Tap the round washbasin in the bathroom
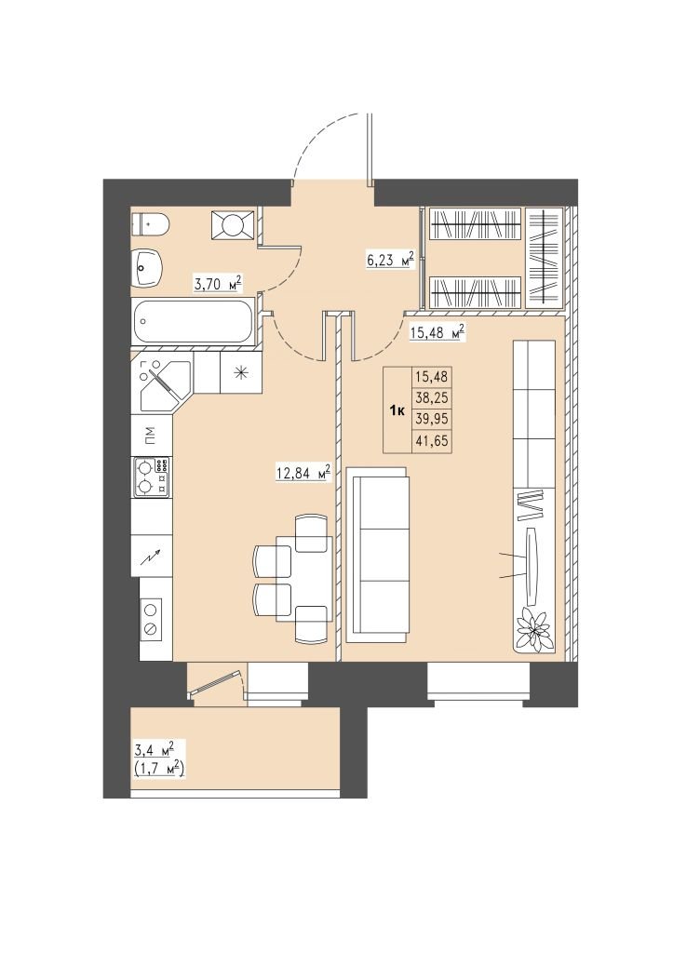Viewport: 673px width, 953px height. pyautogui.click(x=146, y=267)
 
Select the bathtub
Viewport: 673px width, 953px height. pyautogui.click(x=192, y=322)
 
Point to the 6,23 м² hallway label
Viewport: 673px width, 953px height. pyautogui.click(x=390, y=260)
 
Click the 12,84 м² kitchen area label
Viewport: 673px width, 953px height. pyautogui.click(x=303, y=473)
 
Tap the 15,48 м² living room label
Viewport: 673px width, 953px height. pyautogui.click(x=437, y=332)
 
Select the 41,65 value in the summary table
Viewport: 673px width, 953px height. pyautogui.click(x=431, y=441)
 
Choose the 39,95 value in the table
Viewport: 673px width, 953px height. pyautogui.click(x=431, y=420)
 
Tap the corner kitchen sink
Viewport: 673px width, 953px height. pyautogui.click(x=162, y=384)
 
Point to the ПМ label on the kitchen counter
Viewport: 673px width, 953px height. pyautogui.click(x=149, y=435)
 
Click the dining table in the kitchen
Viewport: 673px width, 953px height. pyautogui.click(x=304, y=579)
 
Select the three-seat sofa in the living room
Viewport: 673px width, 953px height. pyautogui.click(x=376, y=555)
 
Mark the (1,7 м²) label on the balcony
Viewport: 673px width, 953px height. pyautogui.click(x=158, y=769)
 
